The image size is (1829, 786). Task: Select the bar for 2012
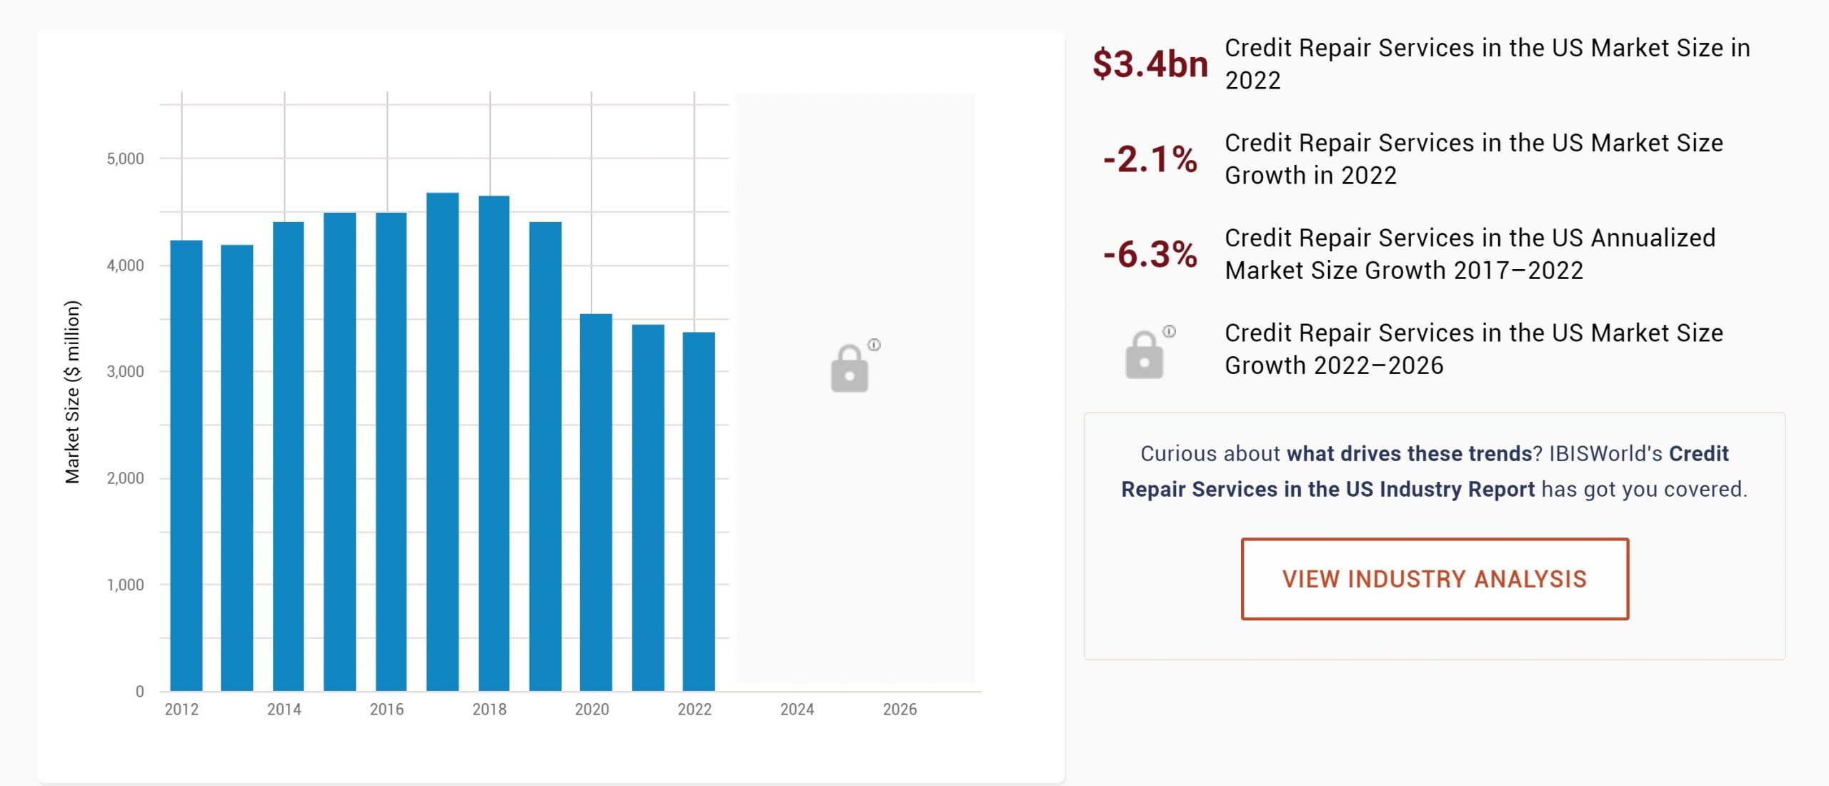click(186, 465)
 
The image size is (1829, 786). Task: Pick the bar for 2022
click(699, 511)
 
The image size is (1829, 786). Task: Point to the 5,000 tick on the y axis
click(125, 158)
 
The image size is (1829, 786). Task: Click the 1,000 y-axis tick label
click(125, 585)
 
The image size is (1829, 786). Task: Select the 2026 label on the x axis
click(899, 709)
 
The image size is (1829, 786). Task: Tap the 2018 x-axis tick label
click(489, 709)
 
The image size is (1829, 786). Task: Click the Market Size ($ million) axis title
click(72, 392)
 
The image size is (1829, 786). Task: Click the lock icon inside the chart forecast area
click(849, 368)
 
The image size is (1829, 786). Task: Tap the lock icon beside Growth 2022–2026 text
click(1144, 354)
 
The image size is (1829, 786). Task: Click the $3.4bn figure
click(1150, 64)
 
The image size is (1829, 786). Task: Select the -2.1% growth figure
click(1150, 159)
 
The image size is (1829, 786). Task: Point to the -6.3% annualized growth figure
click(1150, 254)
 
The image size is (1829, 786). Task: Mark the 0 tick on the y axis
click(139, 691)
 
